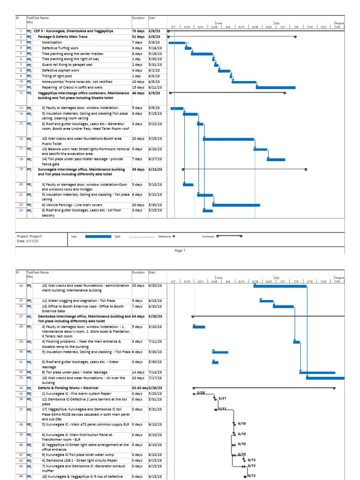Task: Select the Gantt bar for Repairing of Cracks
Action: coord(276,87)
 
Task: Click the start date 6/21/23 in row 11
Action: coord(155,87)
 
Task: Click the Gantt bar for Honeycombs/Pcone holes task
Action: coord(244,82)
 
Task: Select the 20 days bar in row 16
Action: coord(228,139)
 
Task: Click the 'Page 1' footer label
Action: coord(180,250)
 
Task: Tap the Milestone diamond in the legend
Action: coord(174,236)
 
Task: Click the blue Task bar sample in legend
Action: coord(98,236)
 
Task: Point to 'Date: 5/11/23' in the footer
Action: coord(28,241)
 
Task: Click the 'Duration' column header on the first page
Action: coord(138,18)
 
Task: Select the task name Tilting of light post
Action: coord(58,76)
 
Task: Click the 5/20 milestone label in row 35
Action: coord(201,392)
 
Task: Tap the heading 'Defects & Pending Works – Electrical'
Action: coord(68,388)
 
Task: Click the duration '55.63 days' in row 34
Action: coord(139,388)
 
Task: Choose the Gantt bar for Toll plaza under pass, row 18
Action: coord(276,159)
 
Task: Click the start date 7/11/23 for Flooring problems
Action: coord(155,342)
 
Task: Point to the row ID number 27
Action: coord(21,317)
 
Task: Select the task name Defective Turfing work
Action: coord(60,48)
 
